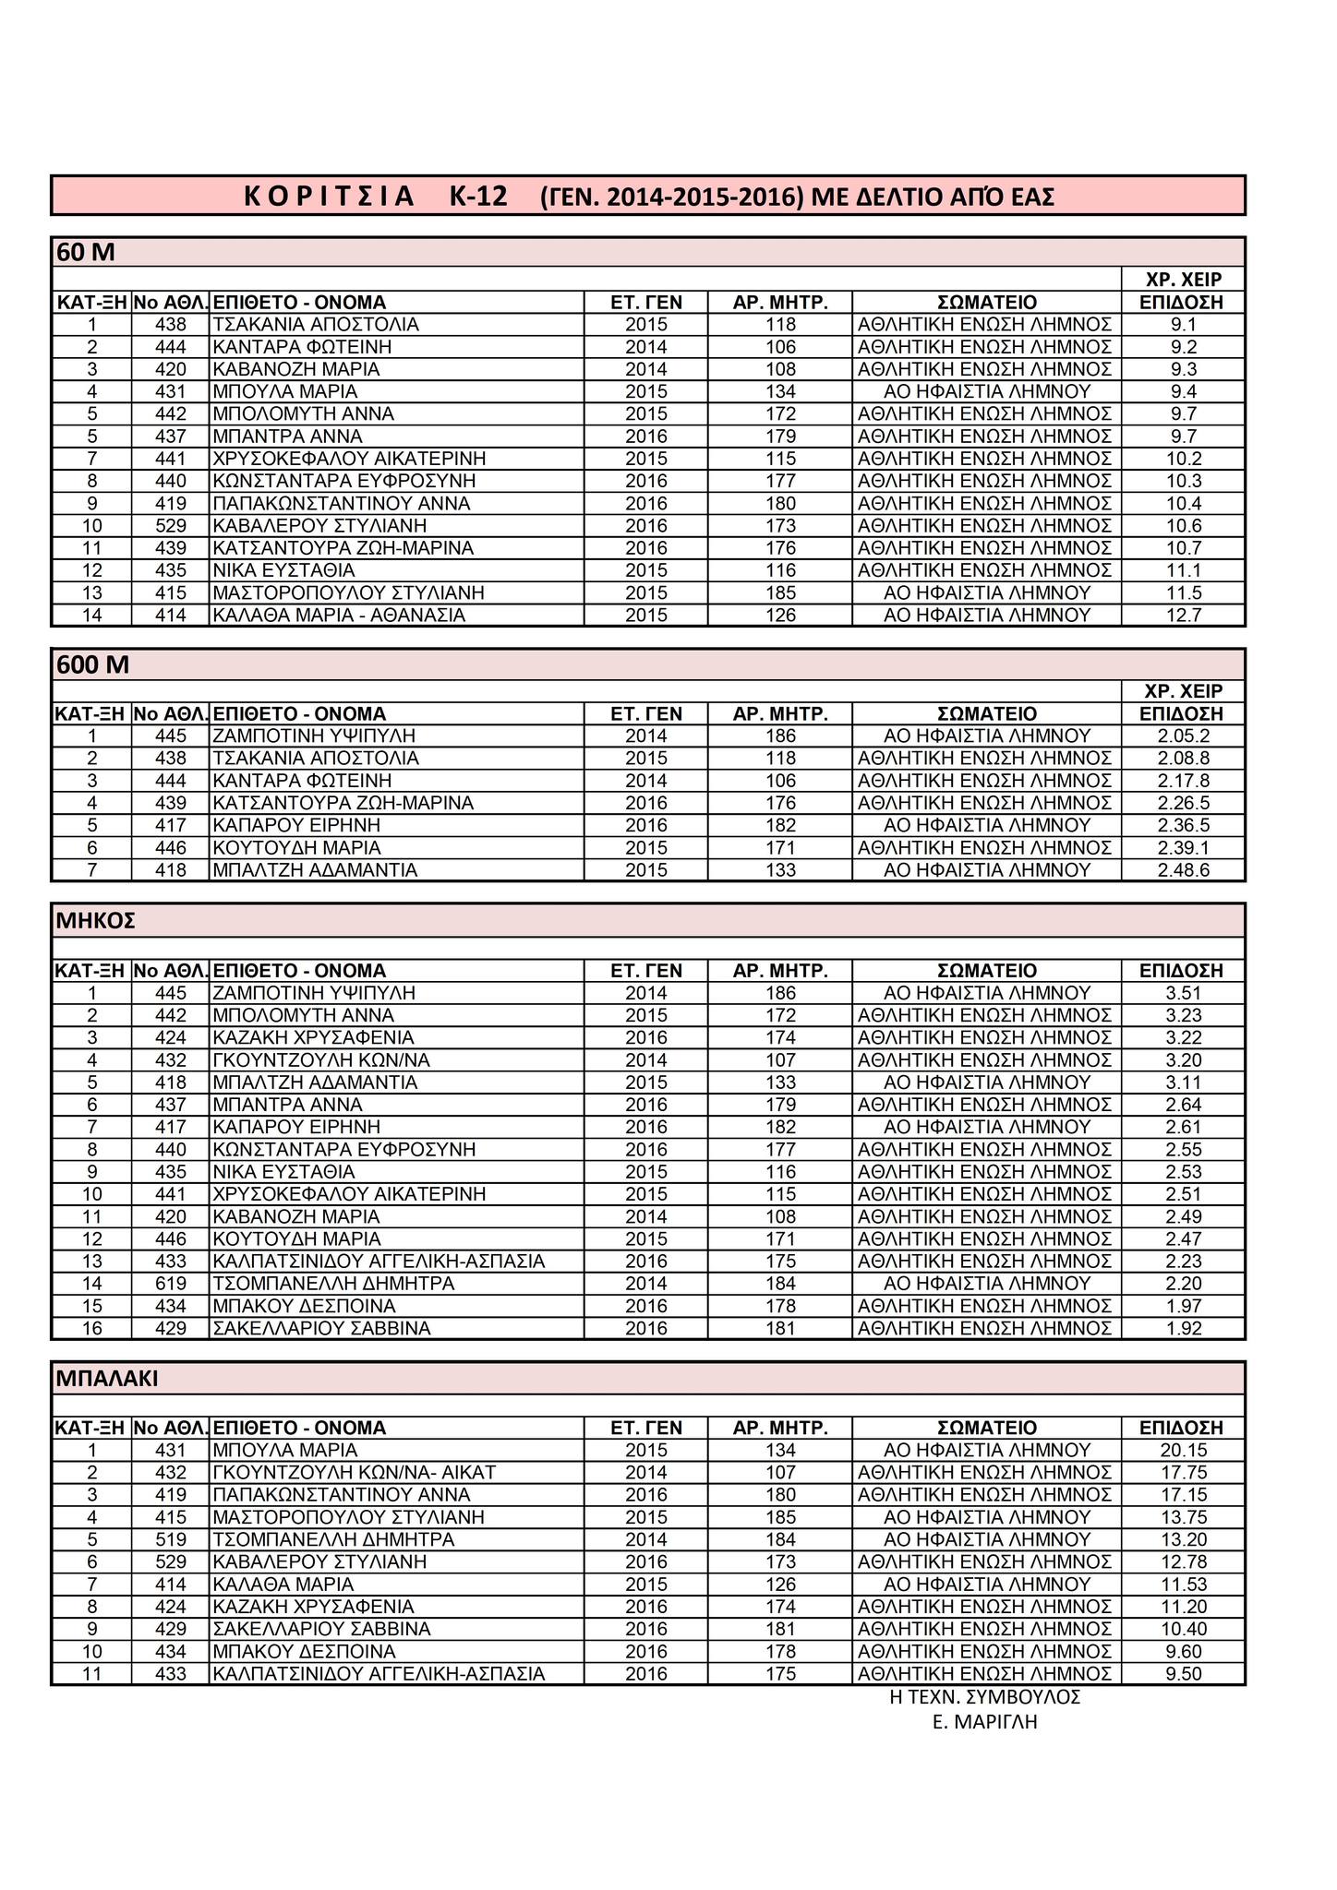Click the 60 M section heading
pos(85,252)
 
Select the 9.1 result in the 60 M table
pos(1183,325)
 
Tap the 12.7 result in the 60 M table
pos(1183,616)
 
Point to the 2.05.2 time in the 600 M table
pos(1183,736)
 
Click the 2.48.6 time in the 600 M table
pos(1183,870)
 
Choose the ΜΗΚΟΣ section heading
pos(96,920)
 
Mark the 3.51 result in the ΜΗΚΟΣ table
pos(1183,994)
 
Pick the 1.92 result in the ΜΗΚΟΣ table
pos(1183,1329)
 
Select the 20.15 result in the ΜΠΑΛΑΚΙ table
pos(1183,1451)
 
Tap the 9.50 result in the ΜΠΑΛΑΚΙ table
pos(1183,1674)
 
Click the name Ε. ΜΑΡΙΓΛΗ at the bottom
pos(985,1722)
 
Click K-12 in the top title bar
pos(478,197)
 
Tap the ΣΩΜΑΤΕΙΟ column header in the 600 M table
pos(986,714)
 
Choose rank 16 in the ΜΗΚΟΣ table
pos(91,1329)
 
